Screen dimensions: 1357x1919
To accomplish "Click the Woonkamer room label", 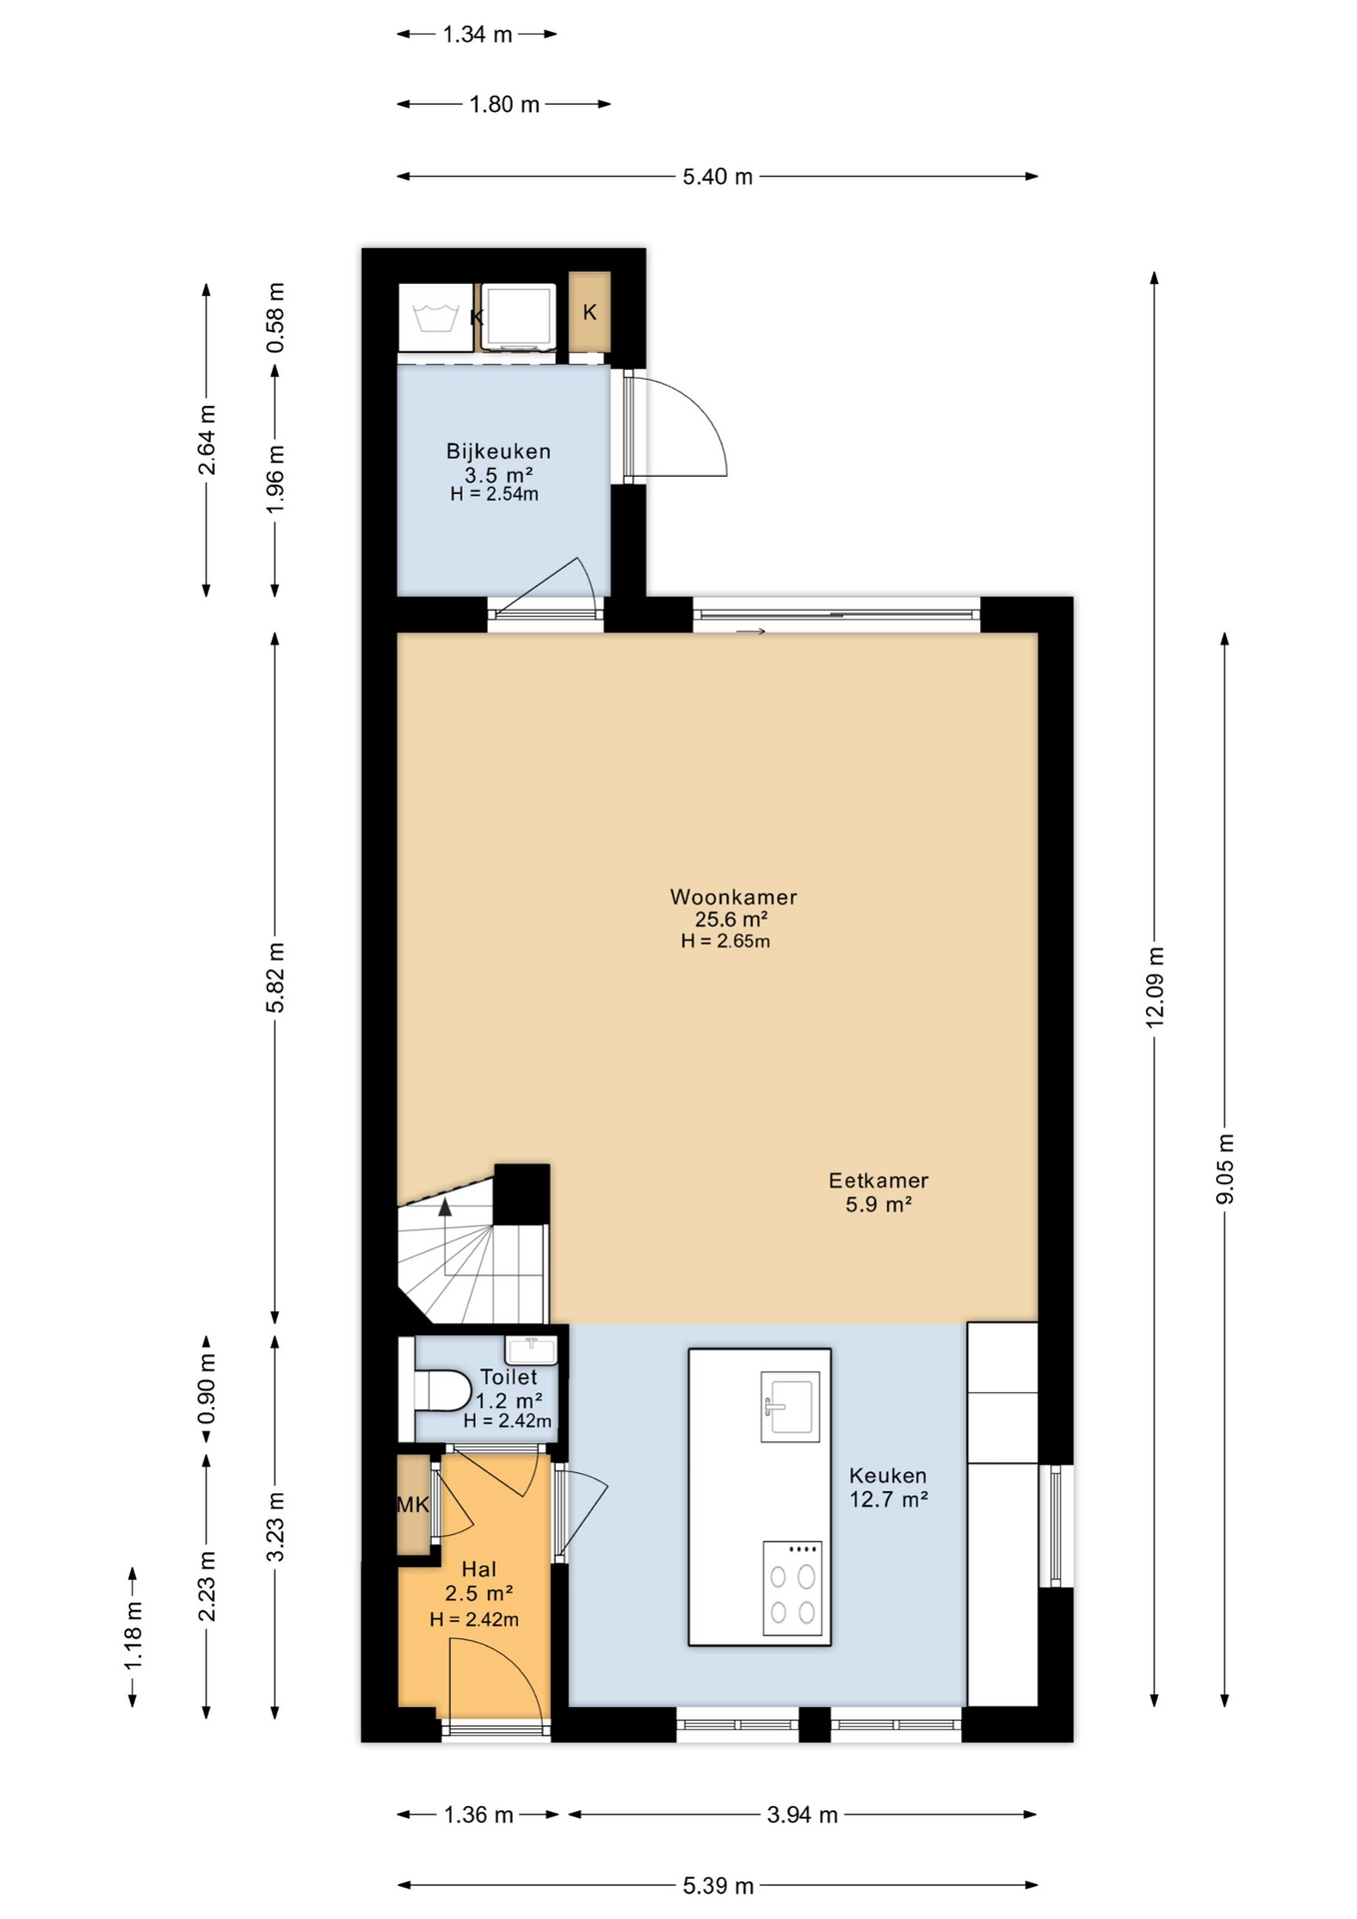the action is point(732,897).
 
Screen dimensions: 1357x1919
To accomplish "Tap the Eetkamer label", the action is point(878,1180).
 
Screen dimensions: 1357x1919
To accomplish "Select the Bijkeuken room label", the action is point(498,451).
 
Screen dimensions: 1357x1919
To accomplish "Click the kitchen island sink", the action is point(790,1406).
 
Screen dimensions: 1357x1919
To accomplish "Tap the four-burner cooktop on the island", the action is point(791,1588).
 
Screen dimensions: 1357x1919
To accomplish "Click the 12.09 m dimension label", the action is point(1154,986).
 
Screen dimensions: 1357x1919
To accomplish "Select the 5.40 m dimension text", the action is point(717,177).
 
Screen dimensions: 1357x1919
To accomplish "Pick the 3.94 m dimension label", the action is point(802,1814).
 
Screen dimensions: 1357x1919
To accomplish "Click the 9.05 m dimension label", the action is point(1225,1168).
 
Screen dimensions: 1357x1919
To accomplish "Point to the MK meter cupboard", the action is point(413,1504).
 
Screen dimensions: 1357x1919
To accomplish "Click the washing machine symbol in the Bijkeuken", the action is point(436,318).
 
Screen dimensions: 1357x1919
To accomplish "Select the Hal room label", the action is point(479,1569).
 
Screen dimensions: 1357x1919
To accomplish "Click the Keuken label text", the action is point(887,1475).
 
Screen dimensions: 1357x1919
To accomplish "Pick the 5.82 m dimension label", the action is point(275,977).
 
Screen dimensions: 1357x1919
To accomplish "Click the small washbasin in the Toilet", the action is point(531,1350).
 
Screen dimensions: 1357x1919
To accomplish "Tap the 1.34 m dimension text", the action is point(478,35).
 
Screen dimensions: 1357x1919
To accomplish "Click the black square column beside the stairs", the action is point(522,1193).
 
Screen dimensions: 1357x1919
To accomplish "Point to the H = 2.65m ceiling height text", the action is point(725,941).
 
